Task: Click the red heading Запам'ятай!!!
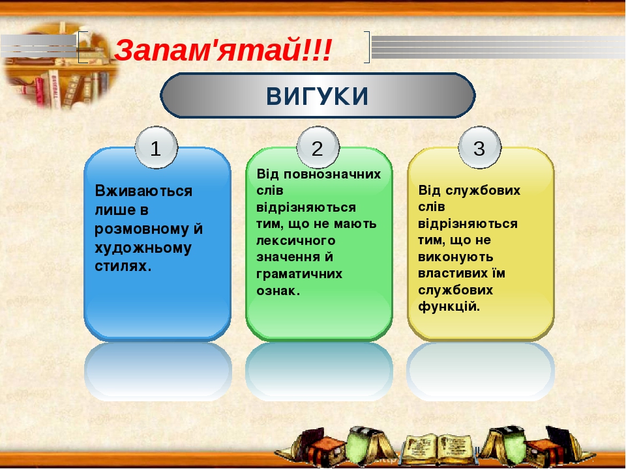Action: pyautogui.click(x=223, y=49)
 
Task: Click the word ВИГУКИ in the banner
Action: pyautogui.click(x=318, y=96)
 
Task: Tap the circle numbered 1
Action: pyautogui.click(x=156, y=149)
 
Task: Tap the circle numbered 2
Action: pyautogui.click(x=318, y=149)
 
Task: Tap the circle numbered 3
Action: pyautogui.click(x=479, y=149)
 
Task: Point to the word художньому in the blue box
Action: pyautogui.click(x=143, y=248)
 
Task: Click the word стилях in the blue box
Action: pyautogui.click(x=121, y=266)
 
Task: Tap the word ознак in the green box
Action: pyautogui.click(x=277, y=291)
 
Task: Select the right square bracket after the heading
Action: pyautogui.click(x=366, y=48)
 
